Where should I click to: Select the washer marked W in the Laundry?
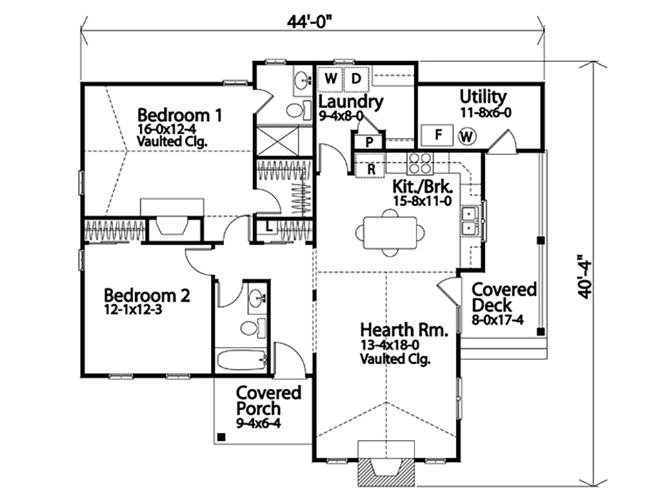pos(330,79)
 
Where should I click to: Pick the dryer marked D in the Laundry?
pos(357,79)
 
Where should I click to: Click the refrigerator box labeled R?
pos(371,169)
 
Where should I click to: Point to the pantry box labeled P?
pos(370,141)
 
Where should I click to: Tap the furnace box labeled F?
pos(438,134)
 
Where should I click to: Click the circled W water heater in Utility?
pos(467,137)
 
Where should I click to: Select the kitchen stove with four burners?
pos(420,163)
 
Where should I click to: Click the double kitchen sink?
pos(470,221)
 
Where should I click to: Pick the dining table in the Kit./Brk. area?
pos(390,233)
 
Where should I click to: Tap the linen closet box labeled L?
pos(268,228)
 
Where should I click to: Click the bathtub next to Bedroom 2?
pos(241,360)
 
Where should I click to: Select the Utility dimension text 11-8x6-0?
pos(486,112)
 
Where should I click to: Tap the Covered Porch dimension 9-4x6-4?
pos(258,423)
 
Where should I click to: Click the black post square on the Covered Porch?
pos(221,436)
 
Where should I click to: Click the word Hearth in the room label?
pos(387,330)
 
